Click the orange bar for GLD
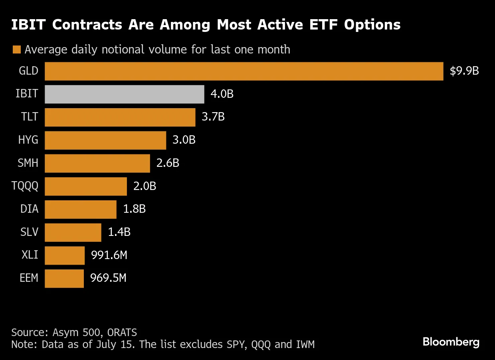pyautogui.click(x=244, y=71)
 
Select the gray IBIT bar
pyautogui.click(x=124, y=94)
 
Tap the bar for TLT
pyautogui.click(x=120, y=117)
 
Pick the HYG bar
pyautogui.click(x=105, y=140)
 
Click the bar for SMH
pyautogui.click(x=97, y=163)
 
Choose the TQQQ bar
pyautogui.click(x=85, y=186)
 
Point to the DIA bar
pyautogui.click(x=80, y=209)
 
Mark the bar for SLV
pyautogui.click(x=73, y=232)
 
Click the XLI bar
pyautogui.click(x=64, y=255)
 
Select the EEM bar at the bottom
pyautogui.click(x=64, y=278)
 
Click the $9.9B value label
pyautogui.click(x=464, y=71)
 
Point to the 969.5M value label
pyautogui.click(x=108, y=278)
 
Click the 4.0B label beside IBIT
pyautogui.click(x=222, y=94)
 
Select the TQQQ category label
pyautogui.click(x=25, y=186)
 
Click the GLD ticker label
pyautogui.click(x=29, y=71)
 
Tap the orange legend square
pyautogui.click(x=16, y=50)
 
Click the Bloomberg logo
pyautogui.click(x=451, y=342)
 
